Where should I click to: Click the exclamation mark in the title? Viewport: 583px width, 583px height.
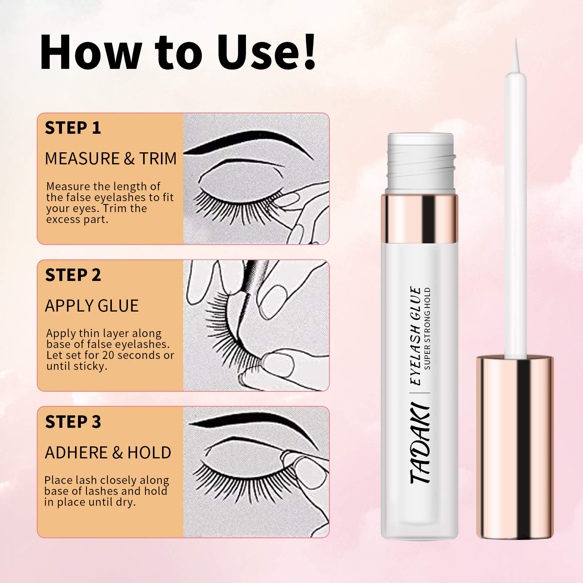309,52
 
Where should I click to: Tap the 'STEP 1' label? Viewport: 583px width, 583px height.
73,128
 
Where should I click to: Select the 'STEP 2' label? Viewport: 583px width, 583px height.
73,275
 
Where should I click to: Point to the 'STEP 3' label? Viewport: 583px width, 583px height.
73,422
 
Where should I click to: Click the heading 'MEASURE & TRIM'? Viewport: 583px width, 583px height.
111,159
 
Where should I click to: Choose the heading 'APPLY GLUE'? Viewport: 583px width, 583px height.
92,306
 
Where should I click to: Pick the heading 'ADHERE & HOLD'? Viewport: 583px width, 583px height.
108,453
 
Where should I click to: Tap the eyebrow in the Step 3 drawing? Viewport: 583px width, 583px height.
251,429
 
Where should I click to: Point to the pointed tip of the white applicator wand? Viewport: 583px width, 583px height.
516,39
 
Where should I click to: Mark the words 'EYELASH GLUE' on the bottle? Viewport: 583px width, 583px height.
416,336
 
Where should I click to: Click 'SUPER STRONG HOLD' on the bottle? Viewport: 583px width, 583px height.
427,328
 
